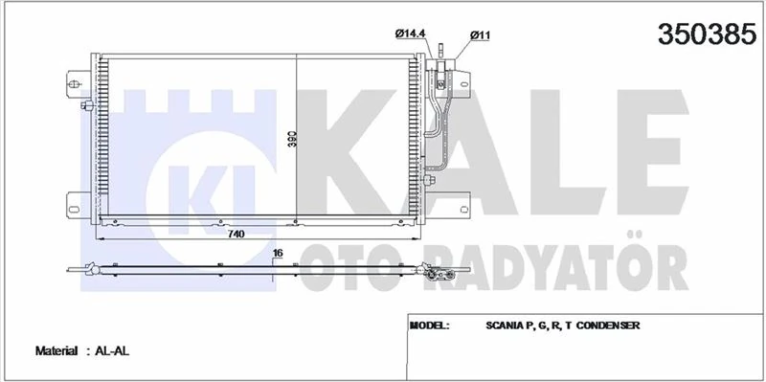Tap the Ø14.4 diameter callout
pos(410,34)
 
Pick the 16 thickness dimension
pos(278,253)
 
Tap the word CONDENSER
pos(607,326)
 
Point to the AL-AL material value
pos(113,351)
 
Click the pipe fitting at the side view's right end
pos(439,276)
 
